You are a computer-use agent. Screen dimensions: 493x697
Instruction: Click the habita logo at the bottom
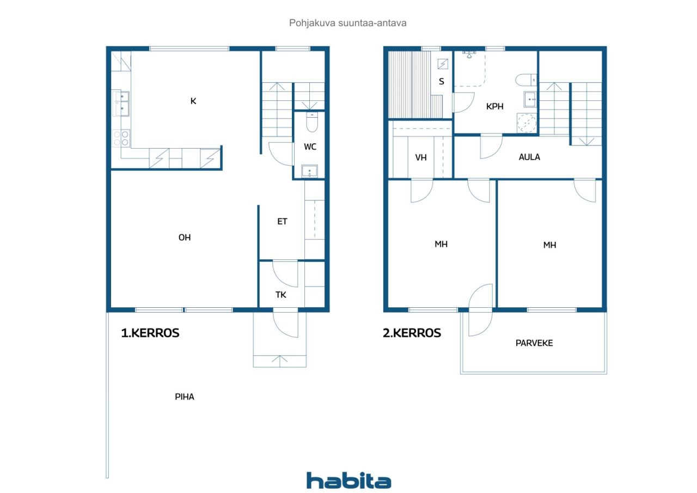click(348, 480)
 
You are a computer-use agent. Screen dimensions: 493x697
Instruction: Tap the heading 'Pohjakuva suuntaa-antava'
click(348, 23)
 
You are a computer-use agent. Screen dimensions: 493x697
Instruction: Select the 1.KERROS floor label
click(150, 333)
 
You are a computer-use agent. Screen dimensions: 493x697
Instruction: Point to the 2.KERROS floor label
click(412, 333)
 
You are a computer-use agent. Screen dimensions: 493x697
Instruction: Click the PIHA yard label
click(184, 397)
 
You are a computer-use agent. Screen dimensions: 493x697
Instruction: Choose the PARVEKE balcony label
click(534, 343)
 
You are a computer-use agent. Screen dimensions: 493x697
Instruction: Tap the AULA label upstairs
click(529, 157)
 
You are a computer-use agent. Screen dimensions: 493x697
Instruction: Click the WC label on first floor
click(310, 147)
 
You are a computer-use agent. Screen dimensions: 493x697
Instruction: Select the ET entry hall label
click(282, 221)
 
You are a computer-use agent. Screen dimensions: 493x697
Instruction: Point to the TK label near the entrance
click(280, 295)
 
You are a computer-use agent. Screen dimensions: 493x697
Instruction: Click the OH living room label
click(185, 238)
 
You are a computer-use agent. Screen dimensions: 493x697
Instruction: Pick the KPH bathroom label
click(494, 106)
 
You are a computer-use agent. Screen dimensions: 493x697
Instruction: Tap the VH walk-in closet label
click(420, 157)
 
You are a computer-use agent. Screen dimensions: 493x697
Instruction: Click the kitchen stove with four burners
click(121, 138)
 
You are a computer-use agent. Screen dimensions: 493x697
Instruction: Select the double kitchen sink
click(121, 104)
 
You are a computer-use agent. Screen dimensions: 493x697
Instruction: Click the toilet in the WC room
click(311, 124)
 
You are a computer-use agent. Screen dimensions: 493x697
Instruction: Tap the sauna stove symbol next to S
click(443, 64)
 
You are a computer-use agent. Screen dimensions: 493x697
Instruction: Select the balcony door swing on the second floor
click(480, 311)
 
